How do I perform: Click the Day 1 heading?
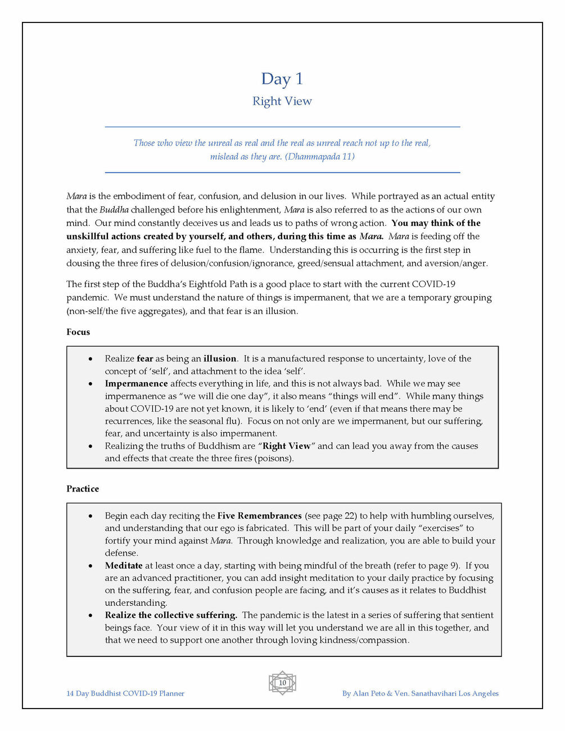point(282,79)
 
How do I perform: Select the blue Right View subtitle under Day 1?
point(282,101)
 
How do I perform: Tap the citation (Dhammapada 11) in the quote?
point(320,157)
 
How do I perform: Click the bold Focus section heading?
point(78,332)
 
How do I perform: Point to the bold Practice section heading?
point(83,489)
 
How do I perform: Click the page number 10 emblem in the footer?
point(282,683)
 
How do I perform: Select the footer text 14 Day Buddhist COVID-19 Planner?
point(125,693)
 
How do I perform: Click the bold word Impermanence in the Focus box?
point(136,384)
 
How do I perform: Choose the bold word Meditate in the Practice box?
point(124,566)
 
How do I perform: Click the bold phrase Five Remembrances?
point(260,516)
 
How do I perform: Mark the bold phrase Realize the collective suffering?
point(171,615)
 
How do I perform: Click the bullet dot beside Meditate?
point(91,566)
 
